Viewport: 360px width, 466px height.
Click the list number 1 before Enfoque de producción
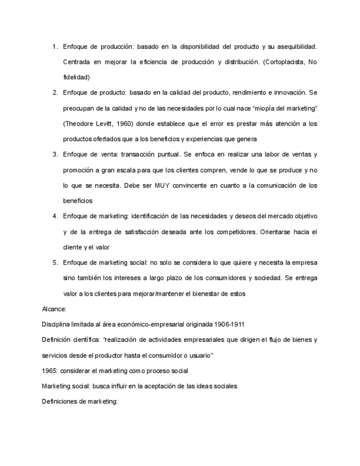tap(55, 47)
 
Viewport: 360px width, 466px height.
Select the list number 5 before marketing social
tap(55, 263)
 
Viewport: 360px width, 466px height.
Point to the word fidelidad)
tap(76, 77)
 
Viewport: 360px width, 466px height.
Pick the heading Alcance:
tap(54, 309)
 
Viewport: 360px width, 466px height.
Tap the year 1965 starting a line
tap(50, 371)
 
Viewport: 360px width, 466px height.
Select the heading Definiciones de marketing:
tap(80, 402)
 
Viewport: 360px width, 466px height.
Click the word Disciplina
tap(57, 324)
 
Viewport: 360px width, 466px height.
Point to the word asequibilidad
tap(295, 47)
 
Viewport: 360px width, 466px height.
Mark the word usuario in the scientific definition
tap(198, 356)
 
